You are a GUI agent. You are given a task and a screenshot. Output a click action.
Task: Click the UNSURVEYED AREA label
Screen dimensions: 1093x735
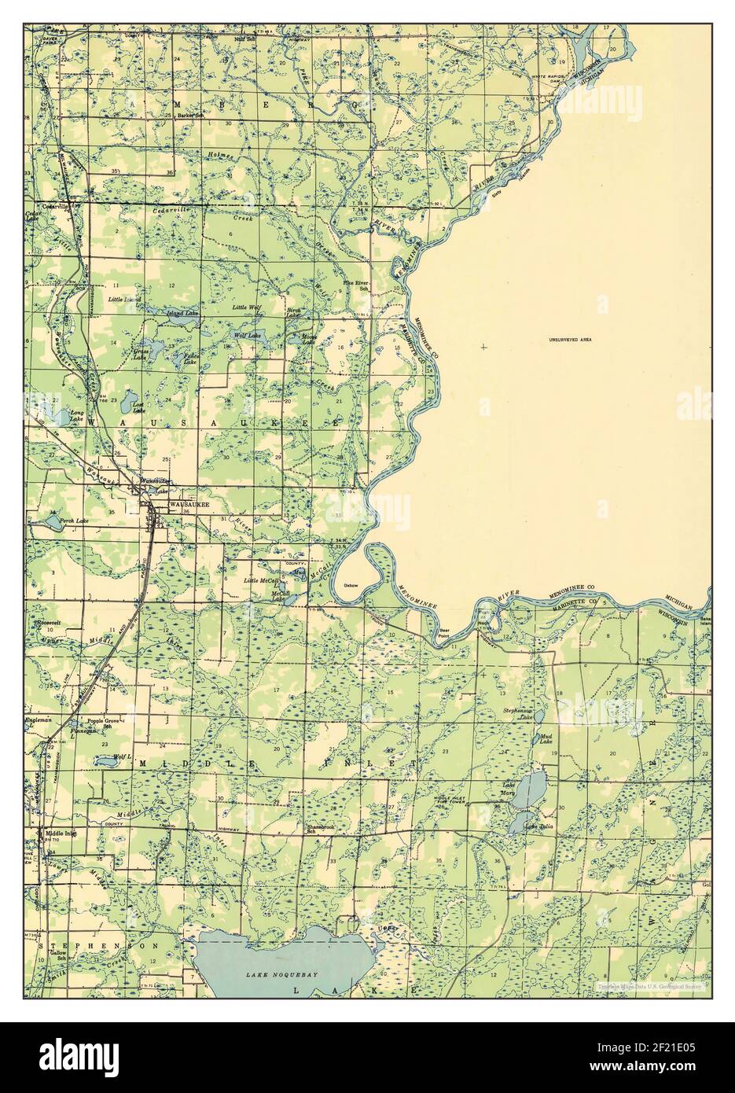point(570,340)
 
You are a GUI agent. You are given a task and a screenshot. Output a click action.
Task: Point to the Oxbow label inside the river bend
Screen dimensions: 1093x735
point(351,586)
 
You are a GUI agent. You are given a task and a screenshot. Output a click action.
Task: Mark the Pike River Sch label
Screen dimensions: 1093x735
point(355,285)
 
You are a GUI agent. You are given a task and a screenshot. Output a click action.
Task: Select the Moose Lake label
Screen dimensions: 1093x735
point(309,340)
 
